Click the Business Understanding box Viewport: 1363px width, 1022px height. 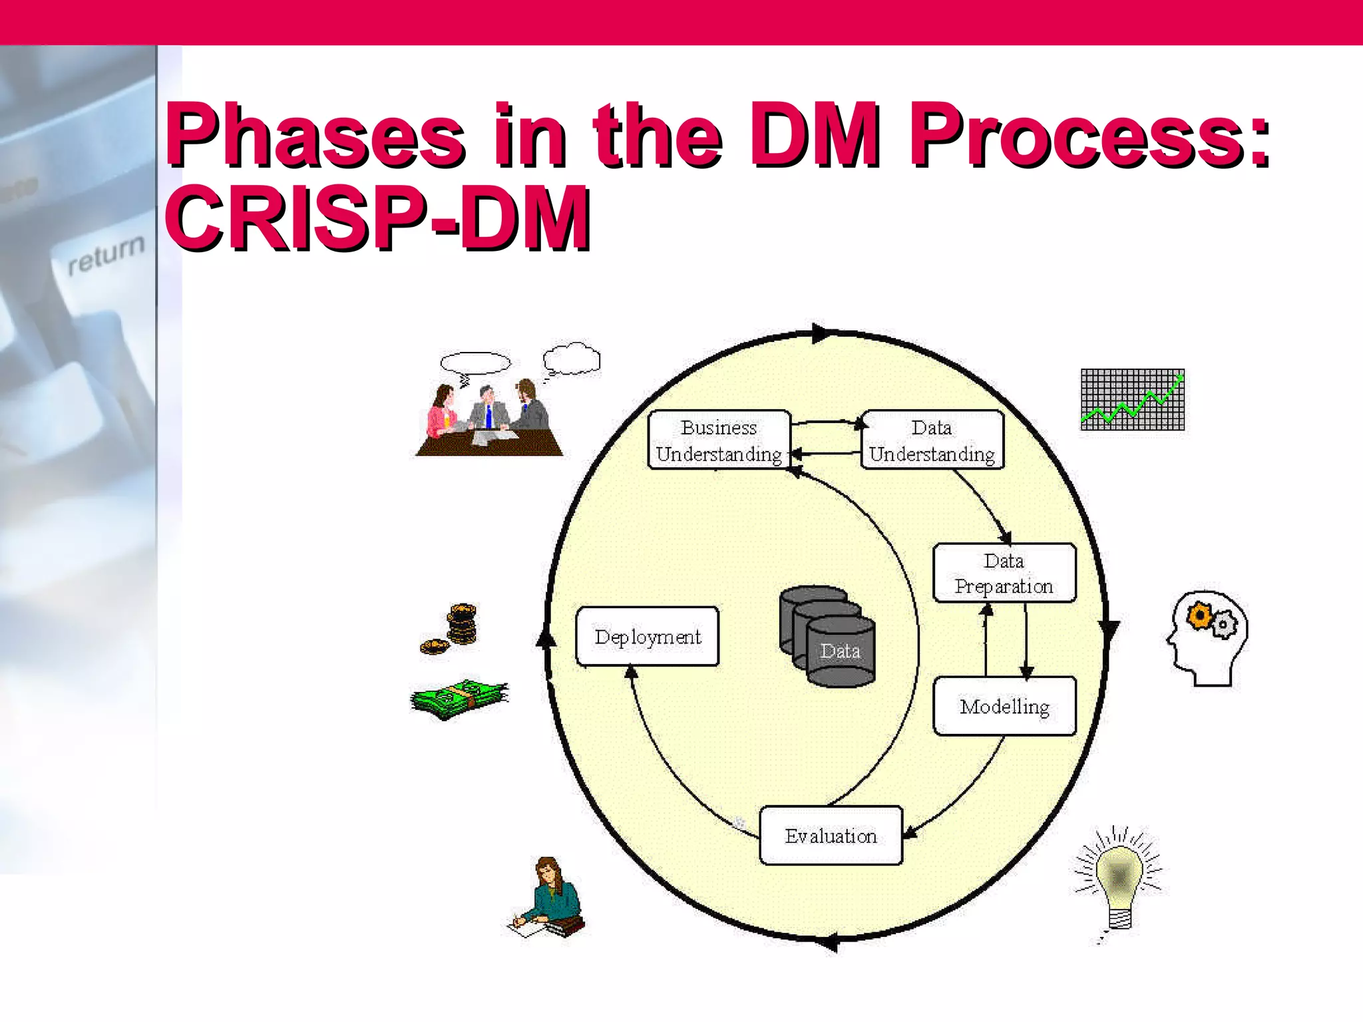coord(719,440)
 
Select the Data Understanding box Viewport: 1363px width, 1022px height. coord(932,440)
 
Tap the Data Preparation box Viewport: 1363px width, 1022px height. coord(1004,573)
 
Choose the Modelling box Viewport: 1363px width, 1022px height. coord(1004,706)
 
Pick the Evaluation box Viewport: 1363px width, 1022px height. coord(831,836)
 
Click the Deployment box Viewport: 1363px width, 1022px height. coord(648,636)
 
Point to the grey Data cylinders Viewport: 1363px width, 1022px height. coord(828,636)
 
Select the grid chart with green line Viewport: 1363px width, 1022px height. coord(1133,399)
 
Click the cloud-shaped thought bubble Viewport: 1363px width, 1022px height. coord(571,359)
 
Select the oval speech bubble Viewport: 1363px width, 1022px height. coord(475,363)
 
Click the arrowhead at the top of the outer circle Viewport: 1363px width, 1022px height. coord(820,333)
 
